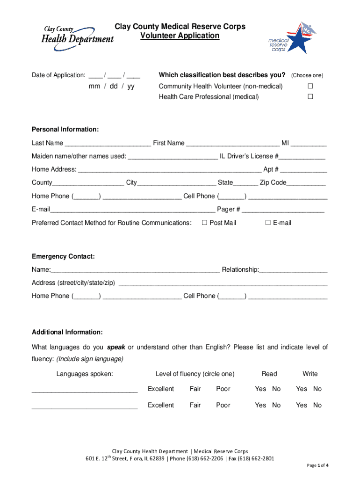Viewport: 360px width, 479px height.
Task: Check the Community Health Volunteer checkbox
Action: pos(309,87)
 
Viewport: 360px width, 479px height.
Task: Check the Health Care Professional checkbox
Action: pos(309,97)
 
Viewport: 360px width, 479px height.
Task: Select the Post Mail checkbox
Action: pos(204,223)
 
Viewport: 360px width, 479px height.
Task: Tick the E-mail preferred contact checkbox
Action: pos(268,223)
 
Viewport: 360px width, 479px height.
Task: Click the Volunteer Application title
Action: pos(180,36)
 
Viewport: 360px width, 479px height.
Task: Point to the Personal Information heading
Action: pos(65,130)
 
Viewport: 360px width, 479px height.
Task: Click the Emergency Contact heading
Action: pos(63,256)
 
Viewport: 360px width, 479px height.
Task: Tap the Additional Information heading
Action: pos(67,332)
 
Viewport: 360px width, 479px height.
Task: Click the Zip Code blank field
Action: pos(306,183)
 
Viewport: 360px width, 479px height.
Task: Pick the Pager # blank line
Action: pos(283,210)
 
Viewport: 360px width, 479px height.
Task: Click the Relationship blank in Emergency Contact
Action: pos(293,270)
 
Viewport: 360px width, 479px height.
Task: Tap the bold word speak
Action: pos(116,347)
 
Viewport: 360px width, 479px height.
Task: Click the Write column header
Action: pos(310,374)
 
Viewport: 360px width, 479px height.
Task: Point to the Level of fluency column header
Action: pos(195,374)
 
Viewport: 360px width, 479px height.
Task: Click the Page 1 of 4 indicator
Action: pos(317,465)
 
